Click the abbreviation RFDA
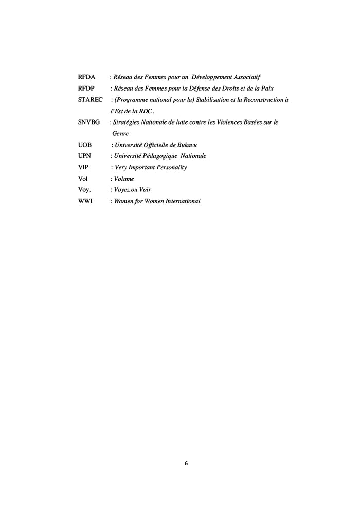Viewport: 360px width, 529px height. pos(86,77)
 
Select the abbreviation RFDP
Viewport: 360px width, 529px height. pos(86,89)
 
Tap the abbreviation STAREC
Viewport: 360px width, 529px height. pos(91,100)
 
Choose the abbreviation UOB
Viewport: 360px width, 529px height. pos(85,145)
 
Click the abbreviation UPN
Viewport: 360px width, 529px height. pos(85,156)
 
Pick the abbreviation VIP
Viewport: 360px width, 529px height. pos(84,167)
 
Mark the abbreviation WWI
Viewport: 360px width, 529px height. pos(85,201)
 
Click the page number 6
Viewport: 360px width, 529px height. pos(186,464)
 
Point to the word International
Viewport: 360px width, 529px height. pos(179,201)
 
